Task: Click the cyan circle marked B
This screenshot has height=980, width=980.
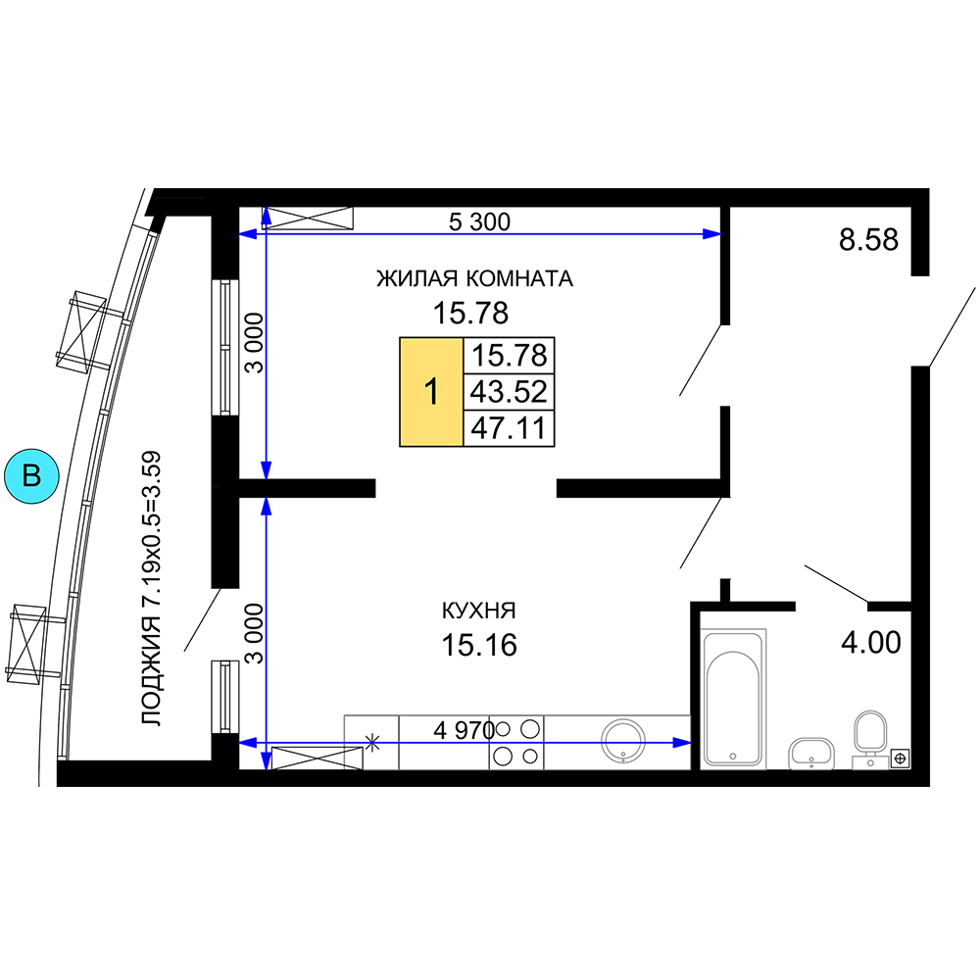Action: point(31,475)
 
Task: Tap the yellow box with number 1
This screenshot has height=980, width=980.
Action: point(431,392)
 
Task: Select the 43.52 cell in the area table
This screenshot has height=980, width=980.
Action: point(509,392)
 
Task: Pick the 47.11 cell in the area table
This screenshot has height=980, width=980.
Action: point(509,428)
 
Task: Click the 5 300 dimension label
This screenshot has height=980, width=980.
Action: point(479,221)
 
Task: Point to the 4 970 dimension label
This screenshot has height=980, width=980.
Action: point(464,730)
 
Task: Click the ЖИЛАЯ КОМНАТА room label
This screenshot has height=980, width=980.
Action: point(474,278)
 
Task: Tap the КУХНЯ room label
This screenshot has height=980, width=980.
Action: point(479,611)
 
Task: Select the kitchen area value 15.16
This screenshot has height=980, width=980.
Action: point(479,645)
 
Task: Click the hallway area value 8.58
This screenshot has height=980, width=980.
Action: point(868,239)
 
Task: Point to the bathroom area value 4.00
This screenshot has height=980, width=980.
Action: point(871,643)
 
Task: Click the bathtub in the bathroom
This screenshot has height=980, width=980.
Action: point(733,698)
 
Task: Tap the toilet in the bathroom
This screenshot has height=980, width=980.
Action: point(870,739)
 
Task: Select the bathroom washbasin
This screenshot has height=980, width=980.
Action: point(811,754)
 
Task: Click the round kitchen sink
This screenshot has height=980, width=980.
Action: point(623,741)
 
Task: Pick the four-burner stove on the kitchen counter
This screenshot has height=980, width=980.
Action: point(516,743)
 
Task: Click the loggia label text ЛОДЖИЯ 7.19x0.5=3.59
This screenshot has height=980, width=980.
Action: point(151,588)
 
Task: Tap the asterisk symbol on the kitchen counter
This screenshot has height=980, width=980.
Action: point(372,743)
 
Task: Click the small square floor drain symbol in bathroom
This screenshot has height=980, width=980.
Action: point(900,759)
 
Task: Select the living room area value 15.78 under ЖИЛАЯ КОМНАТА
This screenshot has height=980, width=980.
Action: point(470,314)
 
